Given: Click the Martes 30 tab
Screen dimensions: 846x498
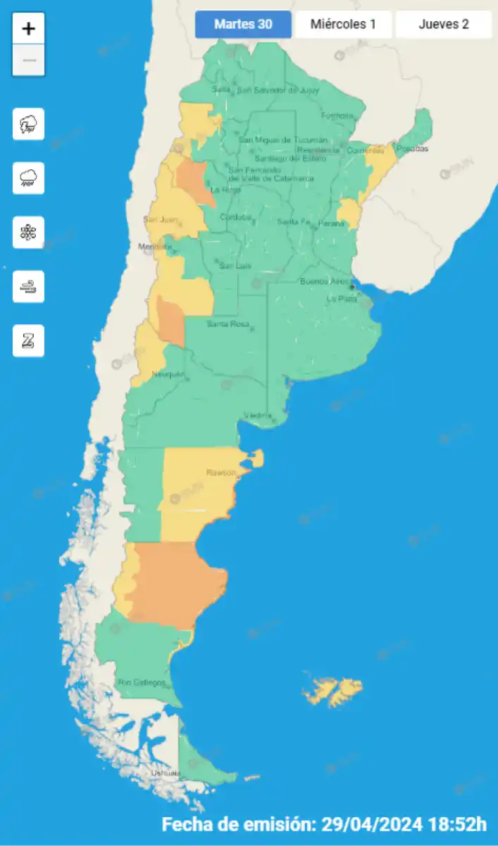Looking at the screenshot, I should pyautogui.click(x=243, y=25).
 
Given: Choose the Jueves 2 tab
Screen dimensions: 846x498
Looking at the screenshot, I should pyautogui.click(x=444, y=25).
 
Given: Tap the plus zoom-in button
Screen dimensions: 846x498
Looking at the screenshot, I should pyautogui.click(x=29, y=29).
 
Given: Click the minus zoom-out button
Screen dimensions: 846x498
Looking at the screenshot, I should pyautogui.click(x=29, y=61).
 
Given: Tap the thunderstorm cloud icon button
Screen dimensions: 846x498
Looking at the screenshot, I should pyautogui.click(x=29, y=125).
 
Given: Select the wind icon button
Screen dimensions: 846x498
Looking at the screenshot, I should pyautogui.click(x=29, y=287).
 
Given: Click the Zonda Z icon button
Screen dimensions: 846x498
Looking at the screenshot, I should pyautogui.click(x=29, y=341).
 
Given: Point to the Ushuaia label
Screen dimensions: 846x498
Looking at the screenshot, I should pyautogui.click(x=166, y=773).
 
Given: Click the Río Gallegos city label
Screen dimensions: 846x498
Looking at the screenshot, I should pyautogui.click(x=142, y=682).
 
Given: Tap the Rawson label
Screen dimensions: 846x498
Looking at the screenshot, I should pyautogui.click(x=220, y=472).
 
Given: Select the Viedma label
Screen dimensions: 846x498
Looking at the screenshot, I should pyautogui.click(x=258, y=415).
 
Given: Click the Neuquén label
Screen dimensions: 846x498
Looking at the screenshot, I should pyautogui.click(x=168, y=374).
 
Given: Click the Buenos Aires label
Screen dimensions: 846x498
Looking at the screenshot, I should pyautogui.click(x=325, y=282).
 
